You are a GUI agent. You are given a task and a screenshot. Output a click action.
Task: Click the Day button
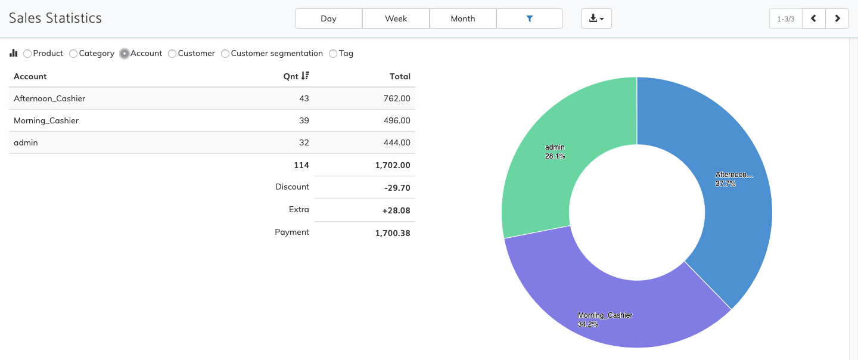point(328,18)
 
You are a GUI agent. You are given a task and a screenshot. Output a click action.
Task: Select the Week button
point(396,18)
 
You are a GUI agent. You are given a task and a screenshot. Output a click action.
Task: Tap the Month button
point(462,18)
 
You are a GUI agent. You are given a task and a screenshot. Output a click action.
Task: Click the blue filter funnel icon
point(529,18)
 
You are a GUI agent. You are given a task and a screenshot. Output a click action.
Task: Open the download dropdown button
point(596,18)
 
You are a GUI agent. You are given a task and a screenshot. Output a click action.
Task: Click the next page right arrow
point(837,18)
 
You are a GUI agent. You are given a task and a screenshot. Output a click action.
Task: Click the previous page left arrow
point(813,18)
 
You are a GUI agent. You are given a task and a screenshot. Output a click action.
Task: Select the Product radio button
point(27,54)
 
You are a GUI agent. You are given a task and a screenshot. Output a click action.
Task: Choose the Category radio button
point(73,54)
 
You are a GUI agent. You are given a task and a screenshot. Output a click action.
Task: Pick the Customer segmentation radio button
point(225,54)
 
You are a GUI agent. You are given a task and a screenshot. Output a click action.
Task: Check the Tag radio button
point(333,54)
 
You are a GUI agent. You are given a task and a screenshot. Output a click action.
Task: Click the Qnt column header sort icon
point(305,76)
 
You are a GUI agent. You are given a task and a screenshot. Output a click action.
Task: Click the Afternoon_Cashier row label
point(49,98)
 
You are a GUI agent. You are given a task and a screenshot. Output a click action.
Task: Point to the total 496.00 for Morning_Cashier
point(397,120)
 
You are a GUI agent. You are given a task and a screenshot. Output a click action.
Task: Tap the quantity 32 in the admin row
point(304,142)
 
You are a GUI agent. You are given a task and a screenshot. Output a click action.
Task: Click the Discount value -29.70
point(397,188)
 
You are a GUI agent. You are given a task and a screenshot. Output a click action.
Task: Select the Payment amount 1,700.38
point(393,233)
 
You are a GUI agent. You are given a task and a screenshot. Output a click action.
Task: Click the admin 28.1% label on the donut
point(555,151)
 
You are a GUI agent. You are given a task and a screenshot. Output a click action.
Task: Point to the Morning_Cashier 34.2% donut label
point(604,319)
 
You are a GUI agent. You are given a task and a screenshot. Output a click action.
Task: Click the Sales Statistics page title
point(55,18)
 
